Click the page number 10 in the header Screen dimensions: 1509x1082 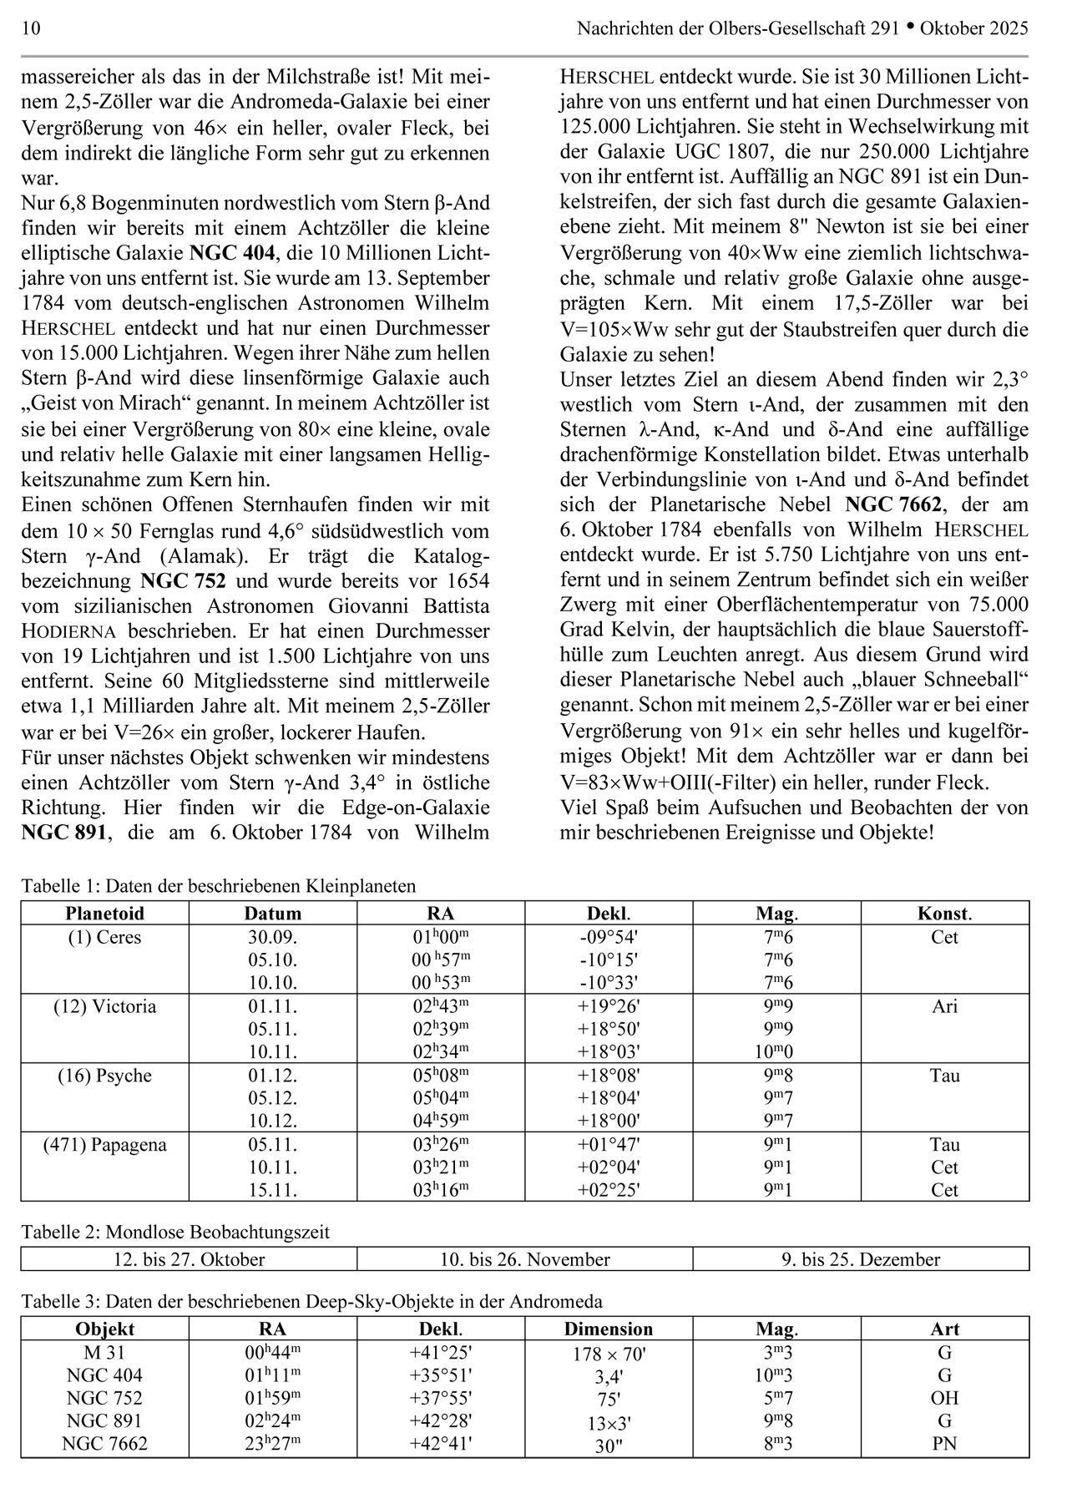point(31,28)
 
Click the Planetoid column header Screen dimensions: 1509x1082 point(104,913)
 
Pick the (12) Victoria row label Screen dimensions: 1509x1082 point(104,1006)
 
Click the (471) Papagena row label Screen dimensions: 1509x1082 point(104,1145)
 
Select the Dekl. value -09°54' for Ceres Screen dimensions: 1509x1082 point(608,937)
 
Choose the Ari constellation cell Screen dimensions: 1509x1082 point(944,1006)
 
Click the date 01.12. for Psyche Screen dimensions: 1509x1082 point(272,1076)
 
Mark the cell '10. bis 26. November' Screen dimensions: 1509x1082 point(524,1259)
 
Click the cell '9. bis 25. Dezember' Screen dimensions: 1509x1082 point(861,1259)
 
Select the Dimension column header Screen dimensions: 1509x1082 point(608,1329)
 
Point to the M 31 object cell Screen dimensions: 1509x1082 point(104,1352)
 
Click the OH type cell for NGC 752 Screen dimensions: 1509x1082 point(944,1398)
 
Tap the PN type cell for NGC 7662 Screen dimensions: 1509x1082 point(944,1443)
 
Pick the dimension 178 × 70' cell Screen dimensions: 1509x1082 point(608,1354)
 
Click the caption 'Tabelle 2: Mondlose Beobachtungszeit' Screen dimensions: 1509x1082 point(175,1232)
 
